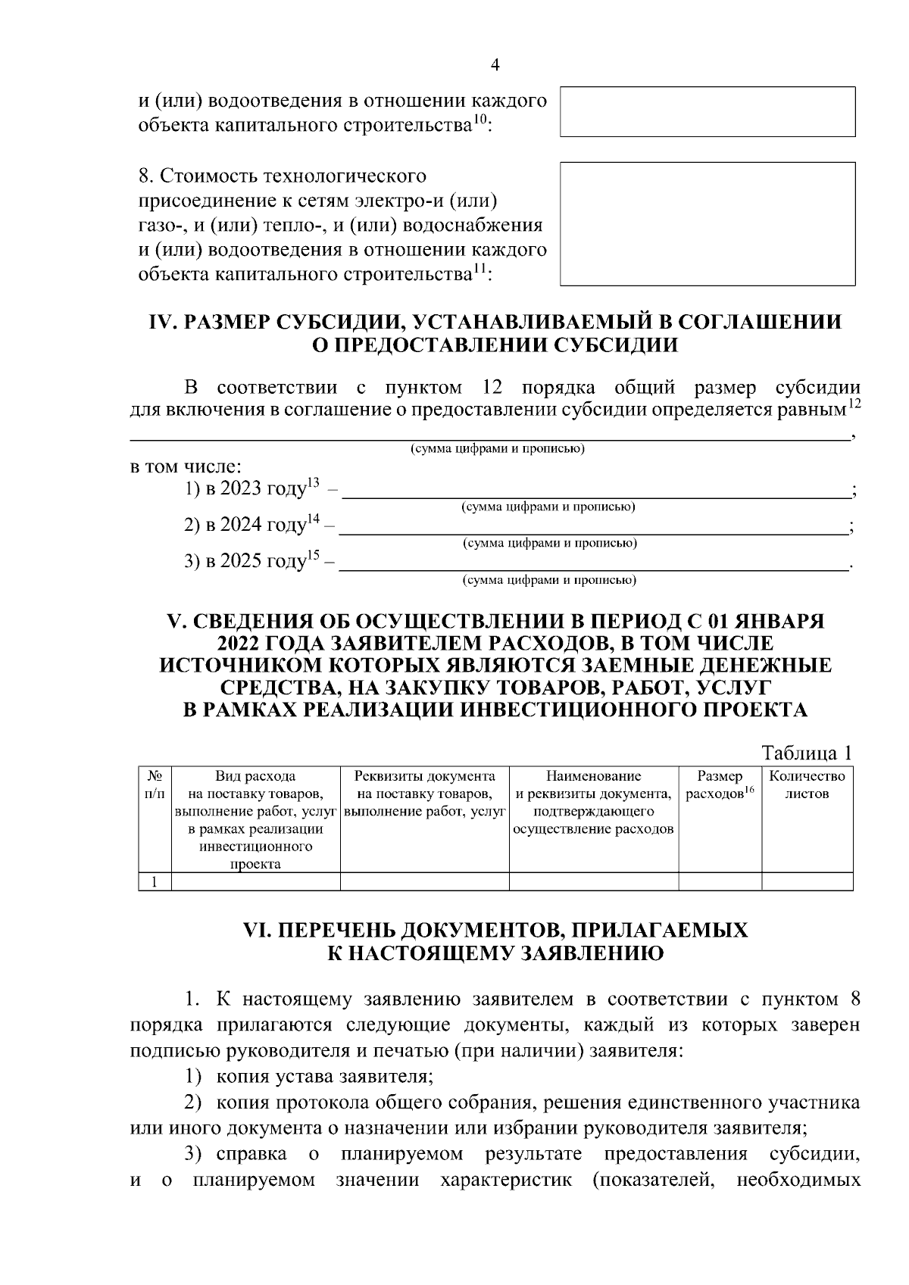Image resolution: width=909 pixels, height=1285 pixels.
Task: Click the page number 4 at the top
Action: click(x=495, y=65)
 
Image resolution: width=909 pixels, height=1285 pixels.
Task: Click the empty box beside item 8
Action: click(x=708, y=223)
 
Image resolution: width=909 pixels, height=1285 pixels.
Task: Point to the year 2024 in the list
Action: click(x=241, y=526)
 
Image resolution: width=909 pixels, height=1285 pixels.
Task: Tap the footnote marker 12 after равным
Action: click(x=854, y=405)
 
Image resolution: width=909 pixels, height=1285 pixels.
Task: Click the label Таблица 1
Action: click(x=807, y=753)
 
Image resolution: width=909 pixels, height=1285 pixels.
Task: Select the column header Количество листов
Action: click(x=807, y=785)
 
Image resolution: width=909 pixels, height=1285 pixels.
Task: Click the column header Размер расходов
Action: click(x=720, y=785)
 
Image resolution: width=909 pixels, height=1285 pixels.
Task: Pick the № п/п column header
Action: click(x=155, y=785)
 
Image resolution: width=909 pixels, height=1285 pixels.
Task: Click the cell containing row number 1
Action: click(x=155, y=881)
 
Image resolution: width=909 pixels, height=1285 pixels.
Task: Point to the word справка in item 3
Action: click(x=251, y=1154)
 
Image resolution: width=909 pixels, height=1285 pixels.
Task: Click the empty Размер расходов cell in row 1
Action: click(x=720, y=881)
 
